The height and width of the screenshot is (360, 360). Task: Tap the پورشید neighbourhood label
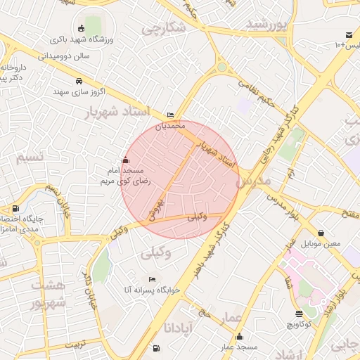(x=268, y=25)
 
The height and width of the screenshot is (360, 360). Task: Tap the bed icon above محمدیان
(x=172, y=115)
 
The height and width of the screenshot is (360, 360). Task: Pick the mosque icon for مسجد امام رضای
(x=126, y=160)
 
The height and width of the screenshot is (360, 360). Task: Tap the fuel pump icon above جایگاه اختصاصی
(x=15, y=208)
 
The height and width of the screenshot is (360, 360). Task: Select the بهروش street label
(x=156, y=206)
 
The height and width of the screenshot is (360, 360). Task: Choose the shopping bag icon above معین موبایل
(x=321, y=233)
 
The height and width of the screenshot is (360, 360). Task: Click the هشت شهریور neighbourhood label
(x=48, y=294)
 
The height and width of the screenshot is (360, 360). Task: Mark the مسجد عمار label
(x=238, y=347)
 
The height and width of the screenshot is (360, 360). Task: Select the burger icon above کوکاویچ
(x=300, y=314)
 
